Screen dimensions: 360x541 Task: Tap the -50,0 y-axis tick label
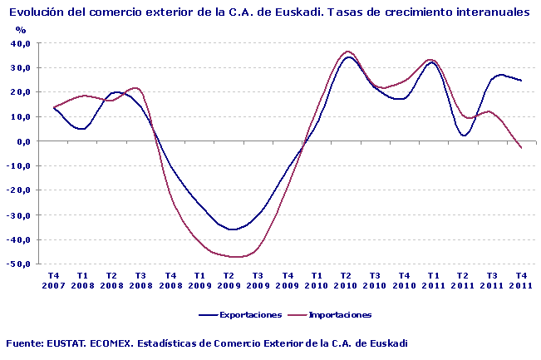(x=20, y=264)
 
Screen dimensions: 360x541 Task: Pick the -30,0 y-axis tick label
(x=20, y=215)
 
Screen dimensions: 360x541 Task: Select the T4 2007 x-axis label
(x=53, y=280)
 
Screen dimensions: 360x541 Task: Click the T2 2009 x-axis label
(x=229, y=280)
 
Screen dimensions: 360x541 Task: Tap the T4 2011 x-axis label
(x=521, y=280)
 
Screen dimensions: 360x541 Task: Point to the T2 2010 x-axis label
(x=346, y=280)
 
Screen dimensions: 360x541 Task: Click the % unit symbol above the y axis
(x=21, y=30)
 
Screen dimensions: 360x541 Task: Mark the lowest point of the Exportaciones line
(x=233, y=229)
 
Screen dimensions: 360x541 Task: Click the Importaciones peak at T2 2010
(x=347, y=52)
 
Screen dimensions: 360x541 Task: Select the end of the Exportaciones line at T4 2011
(x=521, y=81)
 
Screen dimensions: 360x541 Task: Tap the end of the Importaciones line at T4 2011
(x=521, y=147)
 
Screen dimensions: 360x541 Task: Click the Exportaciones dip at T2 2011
(x=464, y=135)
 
